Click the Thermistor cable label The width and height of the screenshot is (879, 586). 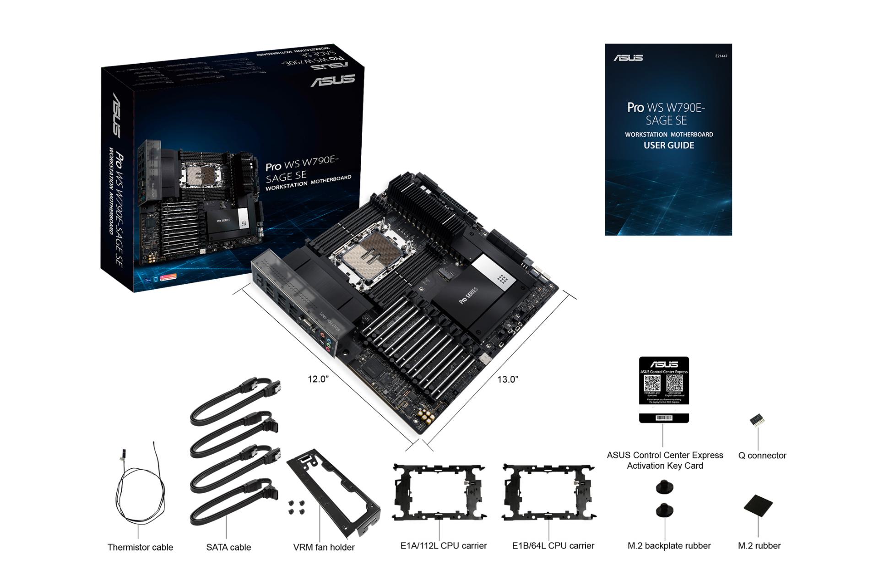click(140, 547)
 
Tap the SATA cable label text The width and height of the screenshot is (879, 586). click(228, 547)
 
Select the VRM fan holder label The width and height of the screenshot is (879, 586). click(324, 547)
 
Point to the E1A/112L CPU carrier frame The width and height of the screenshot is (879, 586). click(439, 492)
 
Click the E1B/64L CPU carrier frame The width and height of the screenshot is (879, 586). click(548, 492)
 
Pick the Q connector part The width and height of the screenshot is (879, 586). click(758, 421)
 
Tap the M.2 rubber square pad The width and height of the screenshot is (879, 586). click(758, 505)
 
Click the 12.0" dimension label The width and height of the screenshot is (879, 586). click(318, 380)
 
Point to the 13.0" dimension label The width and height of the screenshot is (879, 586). click(508, 380)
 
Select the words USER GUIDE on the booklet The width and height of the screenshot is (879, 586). click(669, 146)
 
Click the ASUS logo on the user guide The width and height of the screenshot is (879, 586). click(628, 58)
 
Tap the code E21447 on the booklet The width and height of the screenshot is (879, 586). click(721, 56)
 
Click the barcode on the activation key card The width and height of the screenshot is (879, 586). click(664, 418)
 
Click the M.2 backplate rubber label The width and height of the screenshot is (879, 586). click(669, 546)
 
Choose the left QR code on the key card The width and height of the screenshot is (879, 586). click(652, 384)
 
